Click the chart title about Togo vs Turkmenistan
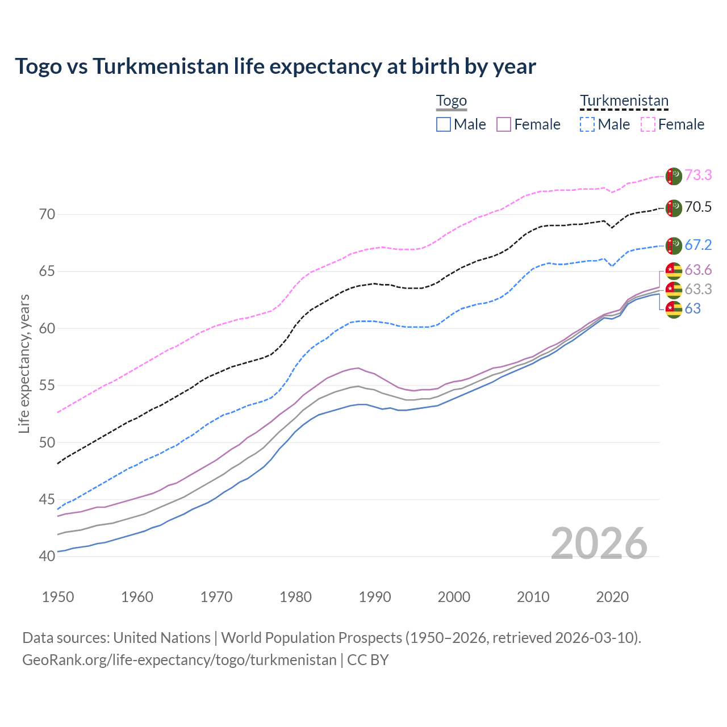275,66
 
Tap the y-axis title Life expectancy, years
24,363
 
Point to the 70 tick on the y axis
47,214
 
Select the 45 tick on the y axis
47,499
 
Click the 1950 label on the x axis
58,597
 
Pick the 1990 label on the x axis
375,597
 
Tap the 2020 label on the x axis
612,597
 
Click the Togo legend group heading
451,101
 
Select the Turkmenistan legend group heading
624,101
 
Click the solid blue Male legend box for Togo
444,124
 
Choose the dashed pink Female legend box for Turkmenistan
648,124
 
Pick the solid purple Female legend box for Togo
504,124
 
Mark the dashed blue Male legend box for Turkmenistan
587,124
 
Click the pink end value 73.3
698,176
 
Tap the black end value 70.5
698,207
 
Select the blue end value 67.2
698,245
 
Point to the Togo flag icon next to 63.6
674,270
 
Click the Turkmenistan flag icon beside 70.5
674,208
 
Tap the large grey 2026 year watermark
599,544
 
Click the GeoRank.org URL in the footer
179,660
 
